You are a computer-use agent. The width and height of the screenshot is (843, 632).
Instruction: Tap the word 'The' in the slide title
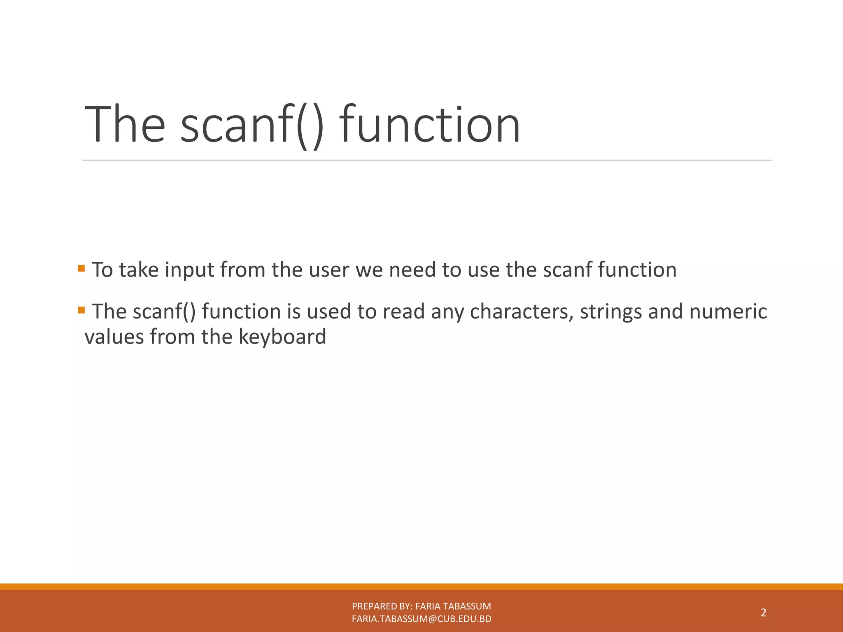click(x=124, y=125)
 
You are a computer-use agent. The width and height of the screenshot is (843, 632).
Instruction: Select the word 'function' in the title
click(x=430, y=125)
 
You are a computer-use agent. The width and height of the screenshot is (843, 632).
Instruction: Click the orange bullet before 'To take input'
click(x=81, y=269)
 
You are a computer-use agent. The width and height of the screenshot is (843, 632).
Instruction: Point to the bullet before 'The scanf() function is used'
click(x=81, y=310)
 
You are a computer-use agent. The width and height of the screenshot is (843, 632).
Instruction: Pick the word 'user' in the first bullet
click(x=329, y=270)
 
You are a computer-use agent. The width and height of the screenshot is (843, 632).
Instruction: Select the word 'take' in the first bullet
click(x=139, y=270)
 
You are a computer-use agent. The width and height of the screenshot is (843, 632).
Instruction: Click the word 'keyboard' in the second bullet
click(x=282, y=337)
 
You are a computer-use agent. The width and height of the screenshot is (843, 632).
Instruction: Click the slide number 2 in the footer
click(x=763, y=613)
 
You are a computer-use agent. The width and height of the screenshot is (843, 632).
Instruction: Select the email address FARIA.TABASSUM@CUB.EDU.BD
click(x=421, y=619)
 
